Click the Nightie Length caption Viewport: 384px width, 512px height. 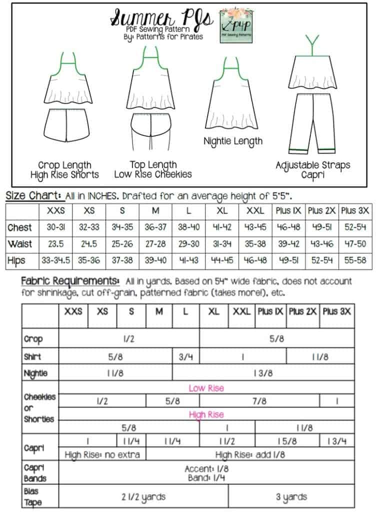232,141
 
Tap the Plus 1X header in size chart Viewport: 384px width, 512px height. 289,211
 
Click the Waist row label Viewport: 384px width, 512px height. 20,244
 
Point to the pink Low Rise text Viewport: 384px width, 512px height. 206,388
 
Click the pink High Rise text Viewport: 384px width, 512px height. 206,414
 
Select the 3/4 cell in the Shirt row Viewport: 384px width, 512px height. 185,357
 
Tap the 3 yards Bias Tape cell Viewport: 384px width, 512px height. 291,497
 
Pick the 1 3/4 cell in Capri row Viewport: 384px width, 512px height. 337,441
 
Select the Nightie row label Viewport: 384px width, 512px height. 35,373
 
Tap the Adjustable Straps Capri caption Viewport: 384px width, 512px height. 312,170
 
